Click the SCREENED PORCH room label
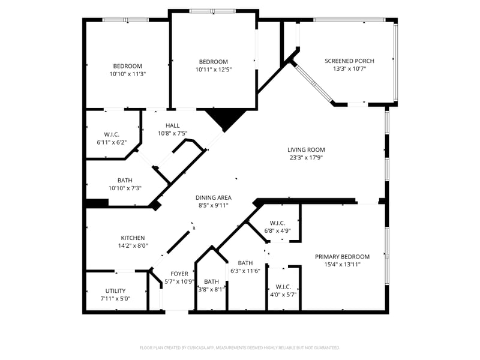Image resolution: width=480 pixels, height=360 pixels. coord(349,61)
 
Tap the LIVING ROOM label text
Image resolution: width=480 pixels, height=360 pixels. coord(305,150)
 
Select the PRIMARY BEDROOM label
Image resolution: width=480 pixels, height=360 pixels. coord(342,257)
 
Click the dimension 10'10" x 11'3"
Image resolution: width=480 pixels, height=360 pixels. coord(128,74)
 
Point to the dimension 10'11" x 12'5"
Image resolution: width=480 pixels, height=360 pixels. coord(214,70)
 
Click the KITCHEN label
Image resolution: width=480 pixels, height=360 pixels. coord(133,238)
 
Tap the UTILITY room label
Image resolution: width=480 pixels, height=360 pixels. coord(115,290)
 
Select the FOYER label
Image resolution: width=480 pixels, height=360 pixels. coord(179,274)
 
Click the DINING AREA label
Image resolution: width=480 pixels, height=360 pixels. coord(213,197)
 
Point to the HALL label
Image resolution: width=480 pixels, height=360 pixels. coord(173,125)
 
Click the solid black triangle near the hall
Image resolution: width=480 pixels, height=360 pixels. coord(226,118)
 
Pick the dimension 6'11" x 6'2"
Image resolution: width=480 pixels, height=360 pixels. coord(112,142)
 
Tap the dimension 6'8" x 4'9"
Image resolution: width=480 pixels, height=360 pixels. coord(277,230)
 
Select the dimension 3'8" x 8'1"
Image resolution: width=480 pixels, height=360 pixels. coord(211,289)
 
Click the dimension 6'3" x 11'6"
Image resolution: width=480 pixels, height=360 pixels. coord(245,271)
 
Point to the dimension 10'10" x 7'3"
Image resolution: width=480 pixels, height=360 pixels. coord(125,188)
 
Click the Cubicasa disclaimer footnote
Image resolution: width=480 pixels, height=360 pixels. coord(240,347)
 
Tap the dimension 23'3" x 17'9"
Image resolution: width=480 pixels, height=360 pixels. coord(305,158)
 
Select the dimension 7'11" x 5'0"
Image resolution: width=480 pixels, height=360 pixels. coord(115,298)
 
